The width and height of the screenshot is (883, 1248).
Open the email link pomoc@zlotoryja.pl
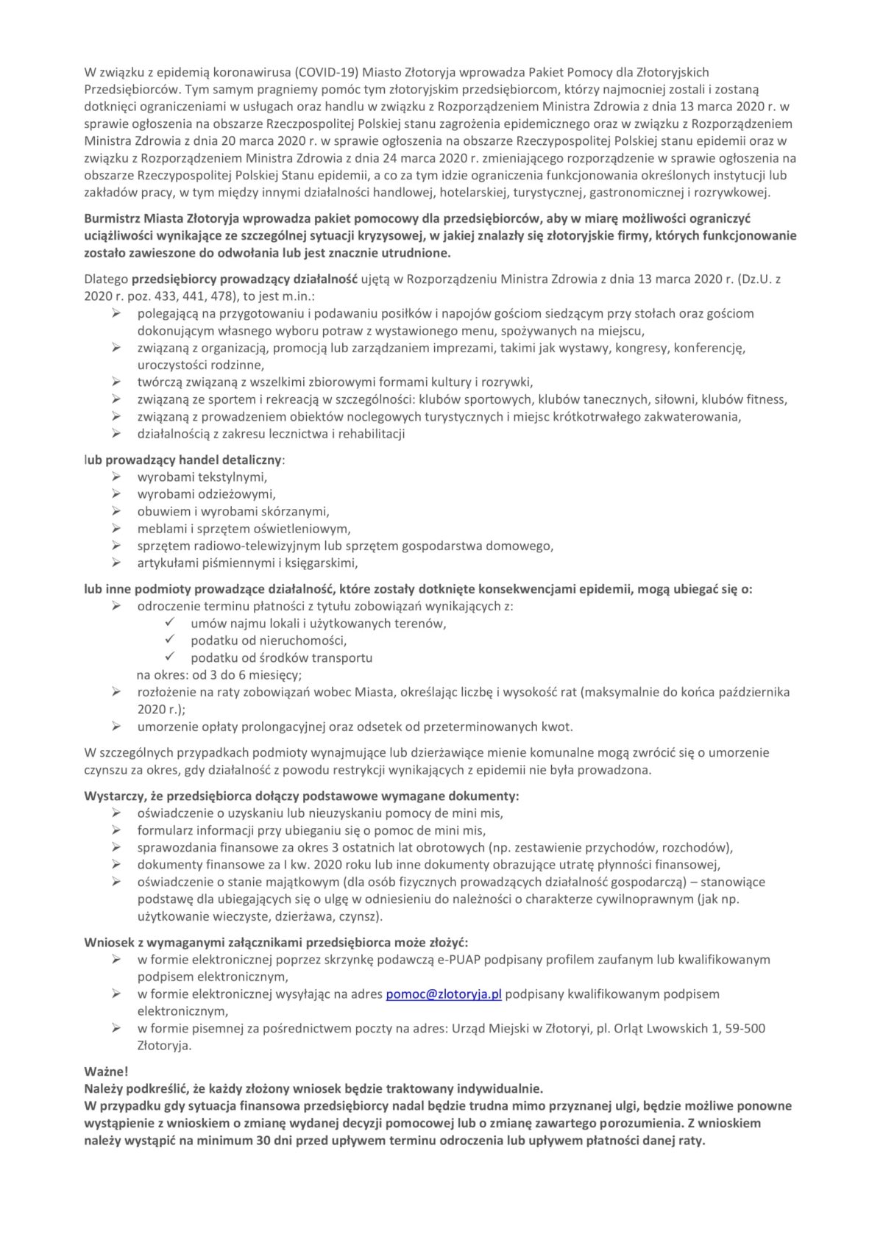click(x=444, y=994)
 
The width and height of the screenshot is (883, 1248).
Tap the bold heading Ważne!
click(x=107, y=1072)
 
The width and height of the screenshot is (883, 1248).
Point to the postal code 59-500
click(x=745, y=1028)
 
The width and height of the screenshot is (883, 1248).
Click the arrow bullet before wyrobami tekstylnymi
click(x=116, y=477)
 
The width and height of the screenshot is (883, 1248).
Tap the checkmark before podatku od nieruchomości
click(x=170, y=640)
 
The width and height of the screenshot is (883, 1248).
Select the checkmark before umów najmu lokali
click(x=170, y=623)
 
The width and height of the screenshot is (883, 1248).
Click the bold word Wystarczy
click(x=115, y=796)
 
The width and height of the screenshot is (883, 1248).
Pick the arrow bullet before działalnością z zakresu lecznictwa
click(x=116, y=434)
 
